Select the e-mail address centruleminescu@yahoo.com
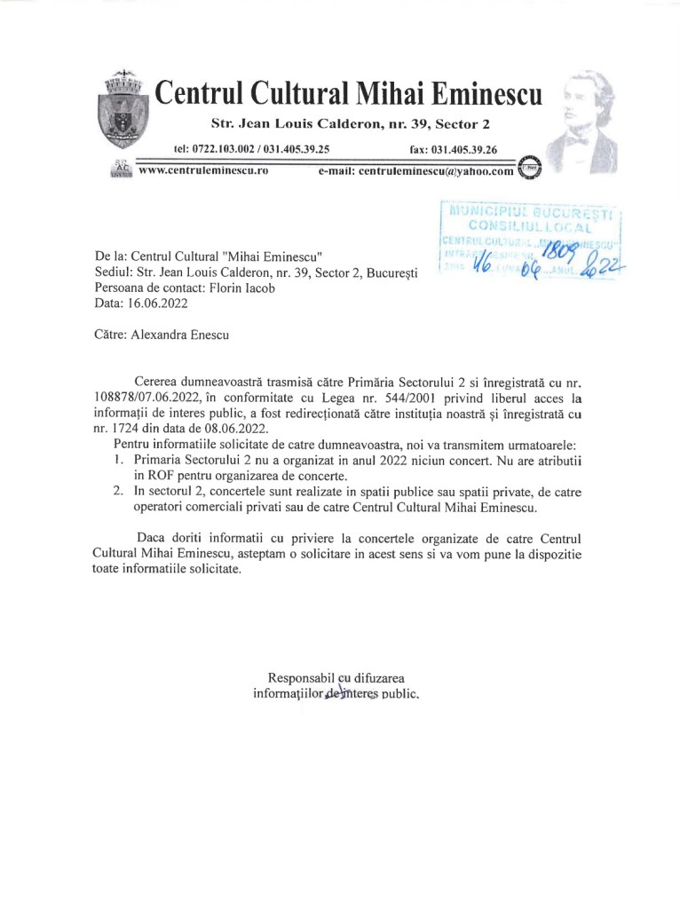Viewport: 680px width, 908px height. coord(416,171)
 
